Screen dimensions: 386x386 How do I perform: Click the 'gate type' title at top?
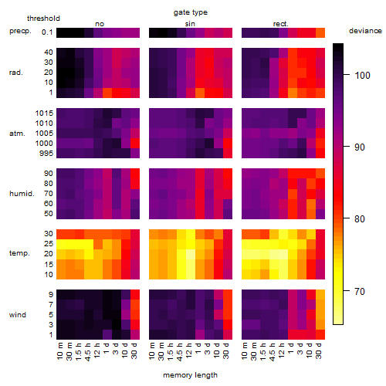pos(191,12)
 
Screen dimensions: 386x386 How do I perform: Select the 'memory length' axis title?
pos(190,375)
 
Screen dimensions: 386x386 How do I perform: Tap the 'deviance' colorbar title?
pos(365,31)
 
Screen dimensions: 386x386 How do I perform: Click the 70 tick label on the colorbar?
pos(360,291)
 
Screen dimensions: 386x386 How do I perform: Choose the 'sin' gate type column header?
pos(190,24)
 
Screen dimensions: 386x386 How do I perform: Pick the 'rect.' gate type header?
pos(280,24)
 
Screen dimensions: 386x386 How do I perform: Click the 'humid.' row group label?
pos(22,194)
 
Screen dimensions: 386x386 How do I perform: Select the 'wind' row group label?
pos(18,315)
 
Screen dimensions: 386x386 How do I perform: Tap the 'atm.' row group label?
pos(17,134)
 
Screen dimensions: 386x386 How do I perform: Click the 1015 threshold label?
pos(44,113)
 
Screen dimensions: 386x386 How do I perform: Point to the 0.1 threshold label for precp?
pos(47,32)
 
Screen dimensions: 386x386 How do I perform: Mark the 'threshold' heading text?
pos(43,19)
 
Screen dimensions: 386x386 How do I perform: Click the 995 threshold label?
pos(46,154)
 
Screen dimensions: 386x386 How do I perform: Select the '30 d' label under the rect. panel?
pos(319,350)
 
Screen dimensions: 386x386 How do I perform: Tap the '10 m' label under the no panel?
pos(59,350)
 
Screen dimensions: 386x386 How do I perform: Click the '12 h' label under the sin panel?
pos(189,350)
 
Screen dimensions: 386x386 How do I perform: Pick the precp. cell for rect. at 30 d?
pos(320,32)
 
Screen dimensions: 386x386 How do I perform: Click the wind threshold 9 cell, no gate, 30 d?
pos(135,295)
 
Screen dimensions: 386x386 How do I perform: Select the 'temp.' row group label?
pos(19,253)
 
